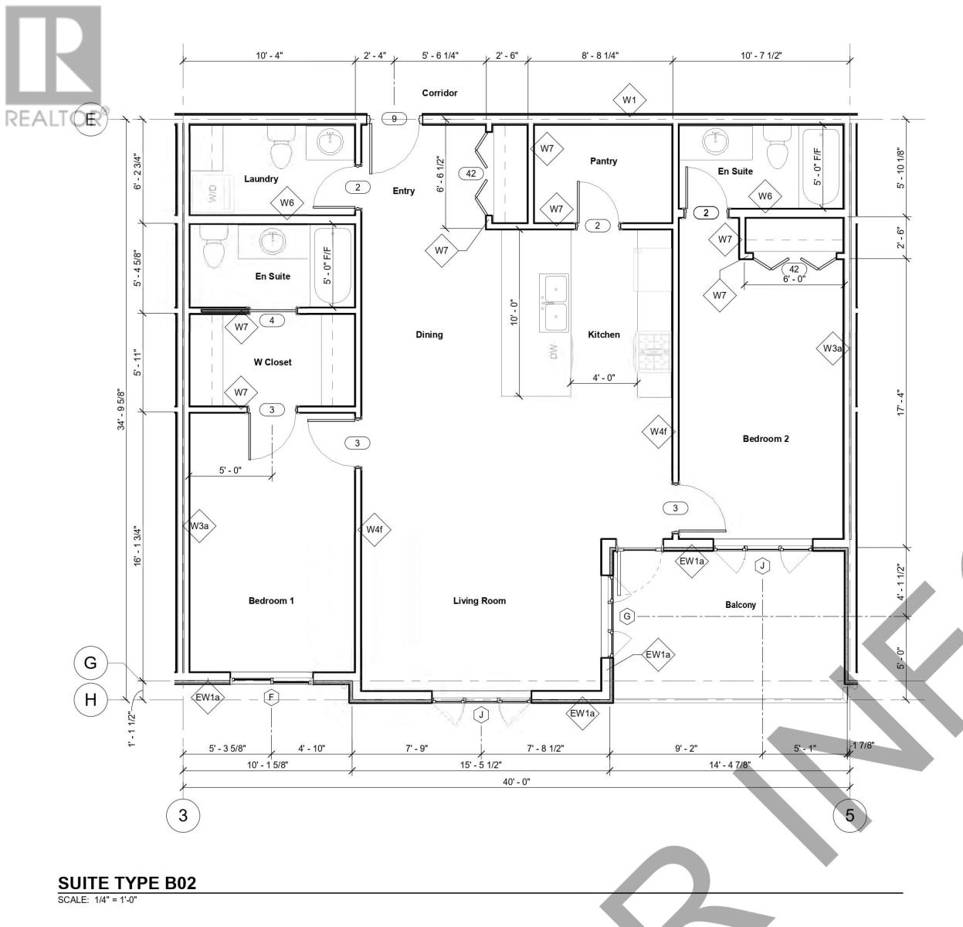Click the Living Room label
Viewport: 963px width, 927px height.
coord(480,601)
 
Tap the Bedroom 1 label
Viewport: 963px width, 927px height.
coord(271,601)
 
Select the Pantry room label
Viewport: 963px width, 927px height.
coord(604,161)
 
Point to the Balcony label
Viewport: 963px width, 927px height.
coord(741,605)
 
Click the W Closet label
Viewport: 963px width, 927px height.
coord(273,362)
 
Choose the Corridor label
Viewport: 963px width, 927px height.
coord(439,93)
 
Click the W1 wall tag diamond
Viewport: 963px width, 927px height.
coord(629,100)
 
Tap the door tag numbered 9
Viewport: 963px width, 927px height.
coord(394,119)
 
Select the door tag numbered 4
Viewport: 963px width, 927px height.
coord(272,321)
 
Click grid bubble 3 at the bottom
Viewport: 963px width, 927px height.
coord(183,815)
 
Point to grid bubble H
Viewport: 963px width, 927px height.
coord(90,700)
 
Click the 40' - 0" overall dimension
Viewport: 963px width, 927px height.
coord(516,781)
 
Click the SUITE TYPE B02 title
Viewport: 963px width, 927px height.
coord(127,883)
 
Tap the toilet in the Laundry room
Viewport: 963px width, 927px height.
coord(280,140)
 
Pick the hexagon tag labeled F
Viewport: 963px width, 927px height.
coord(271,698)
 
